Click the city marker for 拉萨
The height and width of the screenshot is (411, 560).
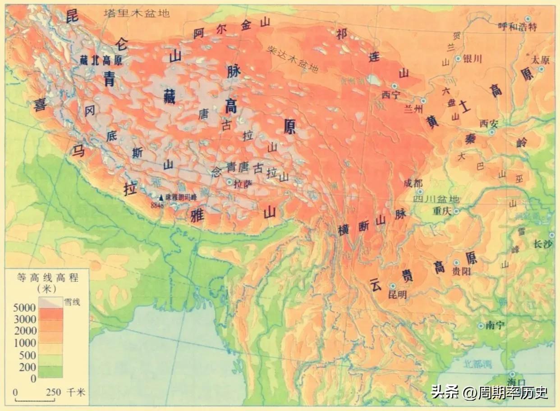(230, 182)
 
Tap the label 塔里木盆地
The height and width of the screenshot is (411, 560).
(137, 13)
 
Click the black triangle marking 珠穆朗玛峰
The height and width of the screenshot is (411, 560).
(161, 197)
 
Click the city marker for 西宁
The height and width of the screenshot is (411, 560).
(395, 86)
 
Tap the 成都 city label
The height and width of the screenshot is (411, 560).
(413, 183)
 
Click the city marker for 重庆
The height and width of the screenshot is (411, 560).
(456, 211)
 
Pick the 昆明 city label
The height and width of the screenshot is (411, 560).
(397, 295)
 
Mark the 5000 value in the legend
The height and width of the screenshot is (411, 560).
(25, 308)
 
